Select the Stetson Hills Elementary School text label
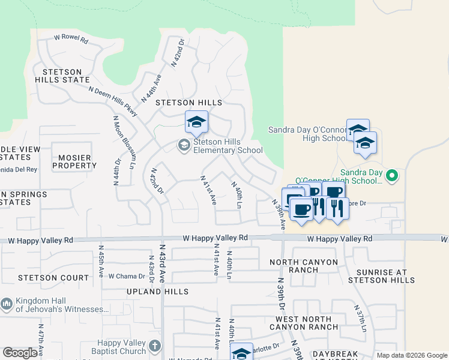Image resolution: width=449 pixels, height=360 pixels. (x=228, y=146)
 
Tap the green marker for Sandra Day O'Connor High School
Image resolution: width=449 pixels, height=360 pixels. (x=392, y=176)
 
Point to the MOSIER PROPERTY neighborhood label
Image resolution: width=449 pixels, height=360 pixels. (x=71, y=161)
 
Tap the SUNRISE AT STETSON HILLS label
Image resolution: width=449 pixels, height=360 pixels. (x=377, y=276)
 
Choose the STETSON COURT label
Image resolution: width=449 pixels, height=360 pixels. (x=53, y=278)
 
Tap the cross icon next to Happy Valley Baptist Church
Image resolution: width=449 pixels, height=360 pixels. (x=155, y=346)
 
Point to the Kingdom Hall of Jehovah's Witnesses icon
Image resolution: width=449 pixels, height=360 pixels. (x=7, y=304)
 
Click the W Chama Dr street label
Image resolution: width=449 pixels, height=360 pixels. (x=127, y=276)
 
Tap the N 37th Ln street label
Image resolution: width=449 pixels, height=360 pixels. (x=361, y=318)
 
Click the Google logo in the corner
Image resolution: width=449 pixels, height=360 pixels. (x=20, y=353)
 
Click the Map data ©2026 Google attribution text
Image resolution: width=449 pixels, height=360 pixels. (x=411, y=355)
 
